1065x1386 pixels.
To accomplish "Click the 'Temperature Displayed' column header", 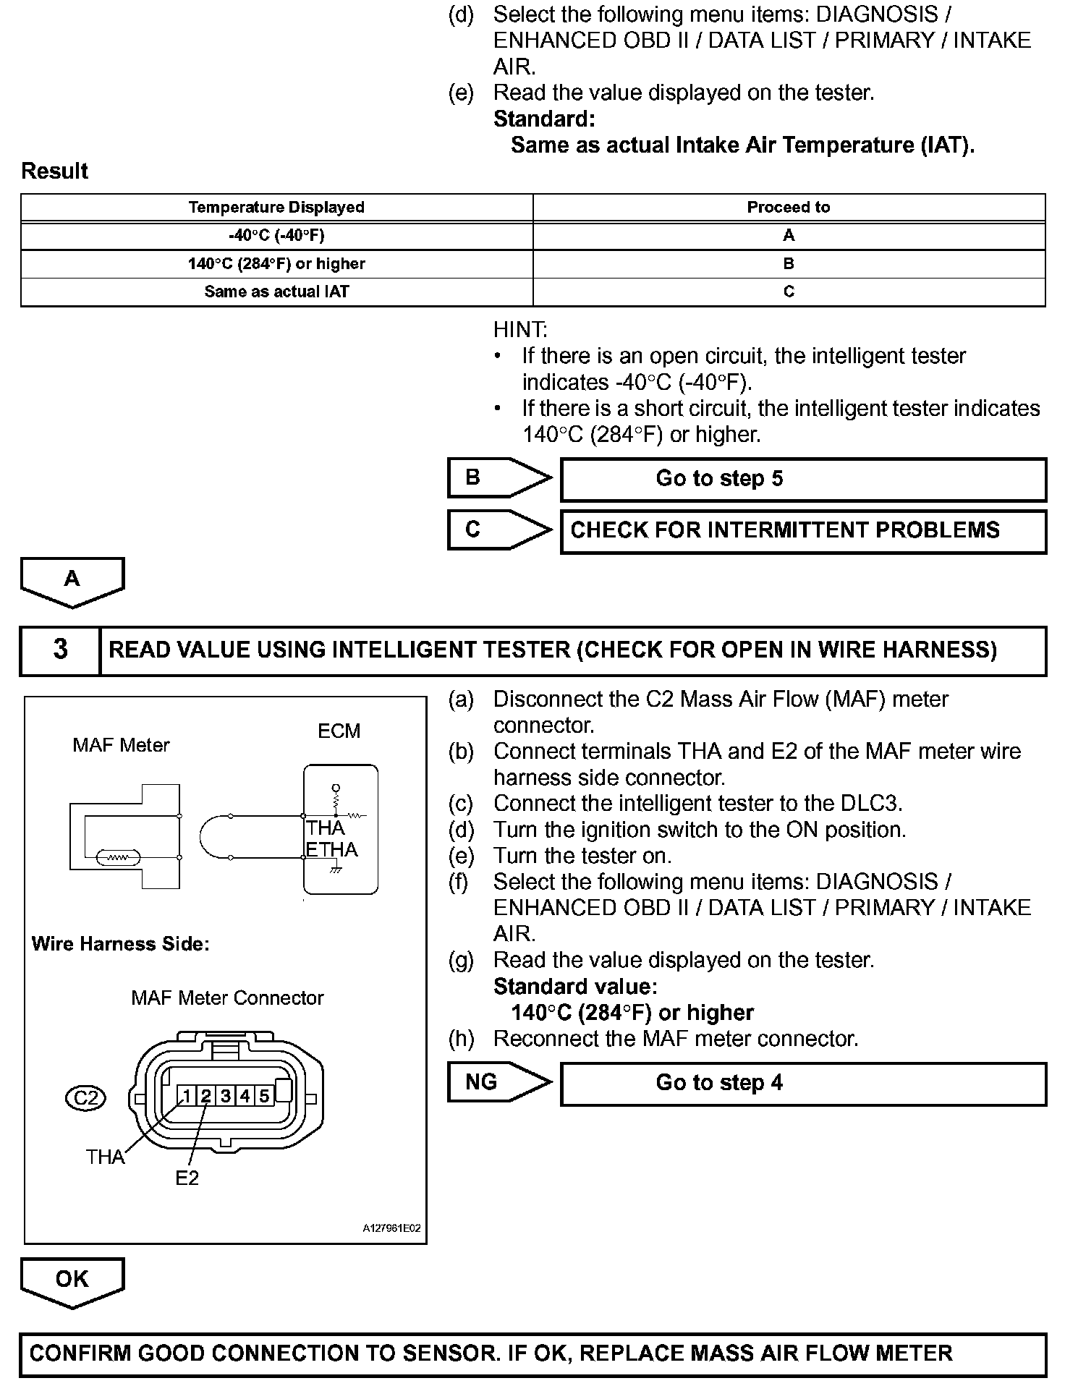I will point(276,208).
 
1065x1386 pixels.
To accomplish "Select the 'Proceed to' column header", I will point(789,208).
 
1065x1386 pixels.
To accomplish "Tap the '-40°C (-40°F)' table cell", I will point(276,236).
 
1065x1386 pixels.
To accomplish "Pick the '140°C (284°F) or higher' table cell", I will point(276,264).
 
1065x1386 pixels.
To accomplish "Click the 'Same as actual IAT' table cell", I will point(276,292).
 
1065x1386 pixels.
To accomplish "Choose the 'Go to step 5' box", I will point(803,479).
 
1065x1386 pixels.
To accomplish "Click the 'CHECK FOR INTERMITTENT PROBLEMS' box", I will point(803,531).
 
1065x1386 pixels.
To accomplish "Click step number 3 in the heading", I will point(61,650).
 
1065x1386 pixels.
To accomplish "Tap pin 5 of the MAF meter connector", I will point(264,1096).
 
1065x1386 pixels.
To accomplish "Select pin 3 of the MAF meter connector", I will point(226,1096).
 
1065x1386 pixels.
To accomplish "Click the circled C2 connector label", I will point(85,1098).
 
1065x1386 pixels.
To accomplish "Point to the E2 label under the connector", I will point(187,1178).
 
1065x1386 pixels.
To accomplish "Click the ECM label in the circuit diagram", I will point(339,731).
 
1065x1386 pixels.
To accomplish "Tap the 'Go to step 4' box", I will point(803,1084).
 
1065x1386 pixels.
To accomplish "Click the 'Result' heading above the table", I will point(54,171).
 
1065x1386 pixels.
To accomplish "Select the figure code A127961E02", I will point(391,1228).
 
